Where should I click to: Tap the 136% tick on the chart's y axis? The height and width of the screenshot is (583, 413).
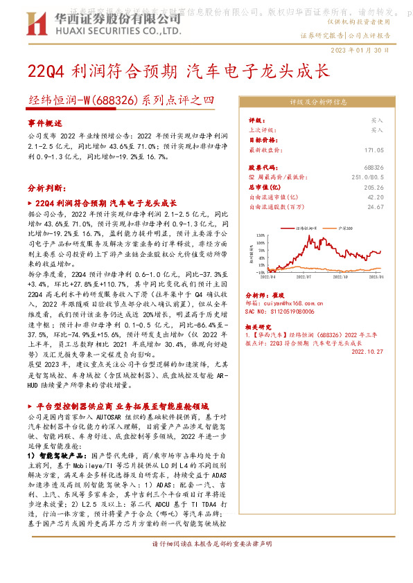point(261,236)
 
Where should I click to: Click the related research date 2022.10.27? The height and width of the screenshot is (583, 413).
point(367,350)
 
